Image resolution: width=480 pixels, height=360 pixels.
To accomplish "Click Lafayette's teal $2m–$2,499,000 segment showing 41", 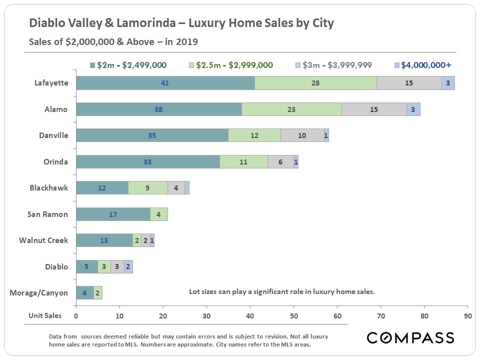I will (165, 83).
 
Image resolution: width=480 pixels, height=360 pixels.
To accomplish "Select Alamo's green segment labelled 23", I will (291, 109).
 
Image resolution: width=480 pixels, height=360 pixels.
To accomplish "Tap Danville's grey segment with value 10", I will (302, 135).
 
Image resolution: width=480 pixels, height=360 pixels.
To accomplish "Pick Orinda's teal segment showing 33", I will (148, 162).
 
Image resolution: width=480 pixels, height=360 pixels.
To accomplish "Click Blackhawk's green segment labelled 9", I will (148, 188).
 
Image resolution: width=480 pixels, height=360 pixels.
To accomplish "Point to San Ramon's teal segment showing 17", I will (113, 214).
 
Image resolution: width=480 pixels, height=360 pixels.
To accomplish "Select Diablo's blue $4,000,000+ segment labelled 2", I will (128, 266).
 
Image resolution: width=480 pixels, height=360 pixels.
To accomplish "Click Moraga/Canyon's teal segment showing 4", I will (84, 293).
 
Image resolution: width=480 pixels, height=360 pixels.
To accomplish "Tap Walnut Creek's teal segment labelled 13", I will (104, 240).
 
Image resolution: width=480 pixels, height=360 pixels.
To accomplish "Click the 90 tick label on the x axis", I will (467, 316).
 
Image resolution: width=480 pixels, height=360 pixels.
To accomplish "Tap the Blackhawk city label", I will (48, 188).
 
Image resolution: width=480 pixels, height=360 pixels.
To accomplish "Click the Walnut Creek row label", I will (43, 240).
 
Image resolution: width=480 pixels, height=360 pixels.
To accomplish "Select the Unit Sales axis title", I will (45, 315).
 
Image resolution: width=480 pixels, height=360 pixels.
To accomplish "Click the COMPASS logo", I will (410, 337).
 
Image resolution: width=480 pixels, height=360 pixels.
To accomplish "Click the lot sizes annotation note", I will (281, 291).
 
